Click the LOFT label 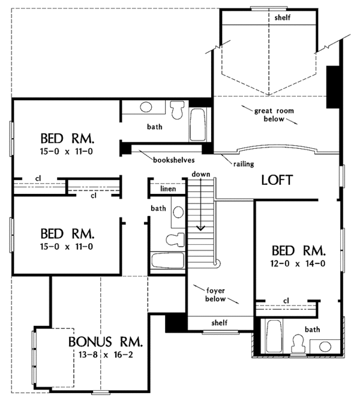(x=277, y=179)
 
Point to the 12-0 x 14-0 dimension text (x=298, y=264)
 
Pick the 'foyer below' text (x=214, y=294)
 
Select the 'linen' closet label (x=167, y=189)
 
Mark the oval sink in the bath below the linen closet (x=178, y=211)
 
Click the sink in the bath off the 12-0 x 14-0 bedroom (x=325, y=346)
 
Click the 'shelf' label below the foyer (x=219, y=323)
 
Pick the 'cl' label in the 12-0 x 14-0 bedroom (x=286, y=300)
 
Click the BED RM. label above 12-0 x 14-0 (x=298, y=250)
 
